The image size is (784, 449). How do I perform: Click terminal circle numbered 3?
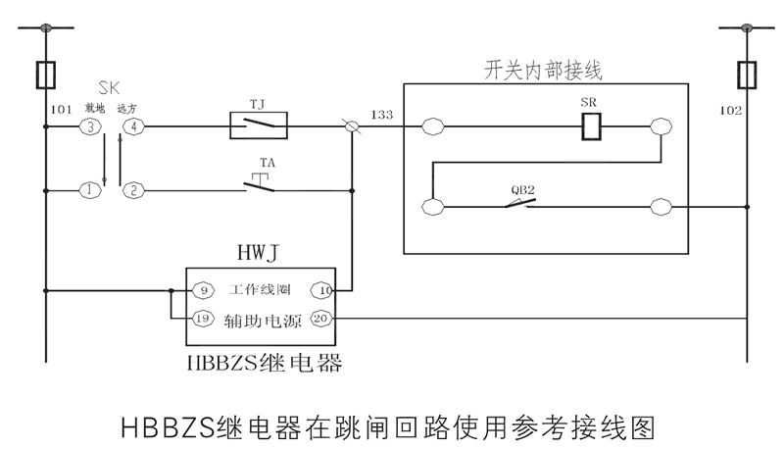tap(90, 126)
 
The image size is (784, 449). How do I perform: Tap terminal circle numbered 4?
tap(133, 126)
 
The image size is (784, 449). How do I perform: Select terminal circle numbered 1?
tap(90, 190)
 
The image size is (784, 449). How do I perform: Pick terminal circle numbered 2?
tap(133, 190)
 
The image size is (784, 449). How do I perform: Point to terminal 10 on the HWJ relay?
tap(322, 290)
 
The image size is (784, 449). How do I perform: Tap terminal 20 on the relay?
tap(322, 318)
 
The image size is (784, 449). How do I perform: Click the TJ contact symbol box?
tap(258, 126)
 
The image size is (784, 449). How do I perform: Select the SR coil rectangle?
tap(591, 125)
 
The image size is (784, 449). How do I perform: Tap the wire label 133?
tap(382, 116)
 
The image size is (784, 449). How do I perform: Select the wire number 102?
tap(731, 111)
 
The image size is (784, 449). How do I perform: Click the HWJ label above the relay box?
tap(259, 254)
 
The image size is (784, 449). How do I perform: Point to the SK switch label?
tap(112, 86)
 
